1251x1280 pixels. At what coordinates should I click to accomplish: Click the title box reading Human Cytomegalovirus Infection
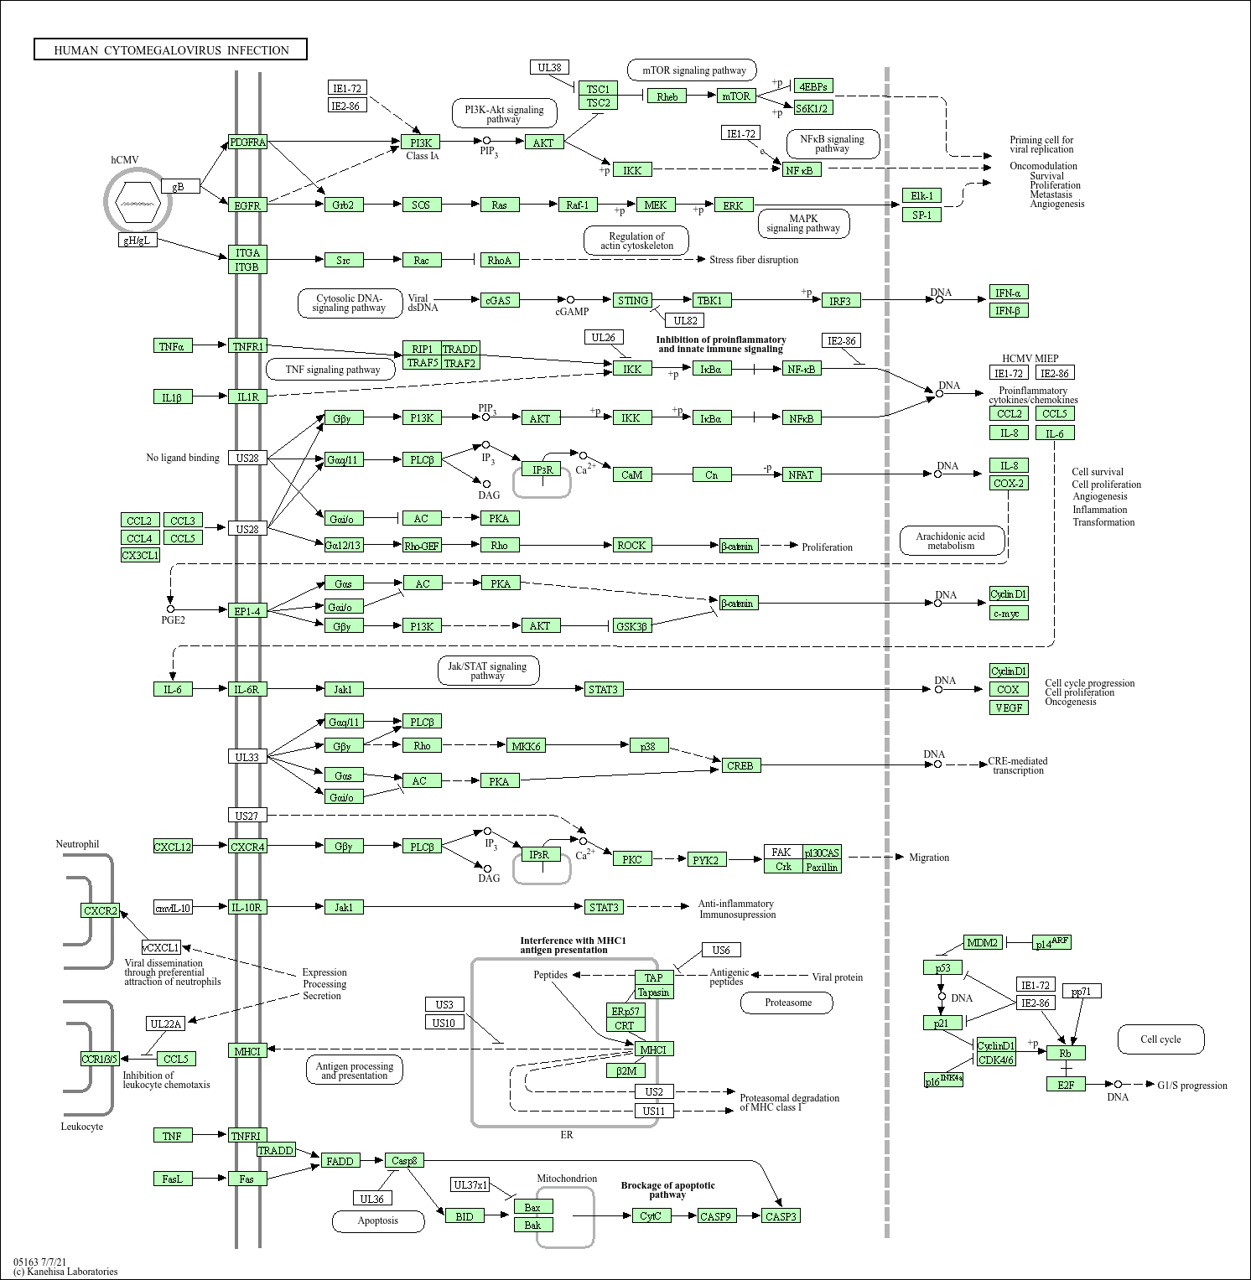(170, 49)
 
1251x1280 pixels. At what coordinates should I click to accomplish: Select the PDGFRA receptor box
(247, 143)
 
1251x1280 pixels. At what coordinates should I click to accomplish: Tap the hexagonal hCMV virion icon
(138, 201)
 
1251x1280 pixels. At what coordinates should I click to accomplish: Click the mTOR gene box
(736, 96)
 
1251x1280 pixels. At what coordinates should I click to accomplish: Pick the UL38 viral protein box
(549, 67)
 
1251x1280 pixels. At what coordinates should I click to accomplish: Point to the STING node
(632, 300)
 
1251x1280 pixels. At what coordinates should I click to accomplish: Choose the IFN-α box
(1008, 293)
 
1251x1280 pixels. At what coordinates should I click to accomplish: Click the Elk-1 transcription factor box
(921, 195)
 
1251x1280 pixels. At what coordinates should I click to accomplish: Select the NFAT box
(801, 474)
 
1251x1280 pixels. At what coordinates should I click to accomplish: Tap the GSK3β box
(631, 626)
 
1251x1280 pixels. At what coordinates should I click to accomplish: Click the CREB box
(740, 765)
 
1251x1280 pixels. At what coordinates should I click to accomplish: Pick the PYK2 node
(705, 860)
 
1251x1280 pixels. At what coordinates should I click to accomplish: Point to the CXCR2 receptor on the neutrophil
(101, 910)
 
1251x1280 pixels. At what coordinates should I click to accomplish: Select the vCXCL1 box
(161, 947)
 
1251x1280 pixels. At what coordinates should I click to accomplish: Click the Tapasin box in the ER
(653, 992)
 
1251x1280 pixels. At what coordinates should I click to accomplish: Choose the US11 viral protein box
(654, 1111)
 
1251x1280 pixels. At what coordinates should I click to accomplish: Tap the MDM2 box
(982, 943)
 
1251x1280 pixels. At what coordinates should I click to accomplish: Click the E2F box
(1066, 1084)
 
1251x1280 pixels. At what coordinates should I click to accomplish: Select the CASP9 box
(715, 1216)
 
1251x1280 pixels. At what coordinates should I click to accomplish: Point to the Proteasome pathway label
(787, 1003)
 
